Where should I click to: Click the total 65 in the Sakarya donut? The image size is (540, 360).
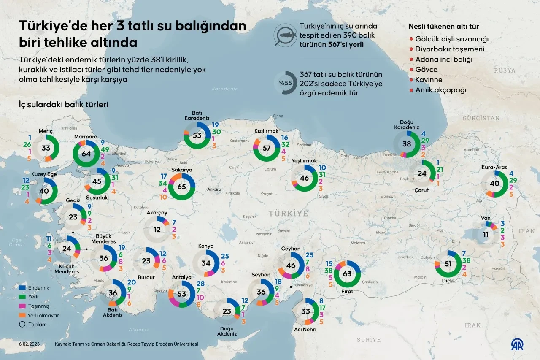coord(182,186)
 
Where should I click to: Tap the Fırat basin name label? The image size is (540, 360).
coord(347,292)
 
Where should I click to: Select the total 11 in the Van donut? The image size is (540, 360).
coord(486,235)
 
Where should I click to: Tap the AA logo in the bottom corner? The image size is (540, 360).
coord(518,345)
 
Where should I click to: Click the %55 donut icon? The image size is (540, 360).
coord(285,83)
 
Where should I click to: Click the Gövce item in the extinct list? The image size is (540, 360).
coord(426,70)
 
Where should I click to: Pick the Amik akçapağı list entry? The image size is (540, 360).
coord(441,90)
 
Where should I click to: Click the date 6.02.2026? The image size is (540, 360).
coord(30,344)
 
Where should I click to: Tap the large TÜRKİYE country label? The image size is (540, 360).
coord(289,213)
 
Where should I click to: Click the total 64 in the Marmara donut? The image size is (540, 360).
coord(86,154)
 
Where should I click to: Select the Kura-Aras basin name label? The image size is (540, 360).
coord(494,168)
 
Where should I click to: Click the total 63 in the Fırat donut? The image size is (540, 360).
coord(347,274)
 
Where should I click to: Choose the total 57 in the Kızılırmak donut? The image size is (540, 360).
coord(266,148)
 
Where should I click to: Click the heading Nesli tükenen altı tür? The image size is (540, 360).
coord(443,27)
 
